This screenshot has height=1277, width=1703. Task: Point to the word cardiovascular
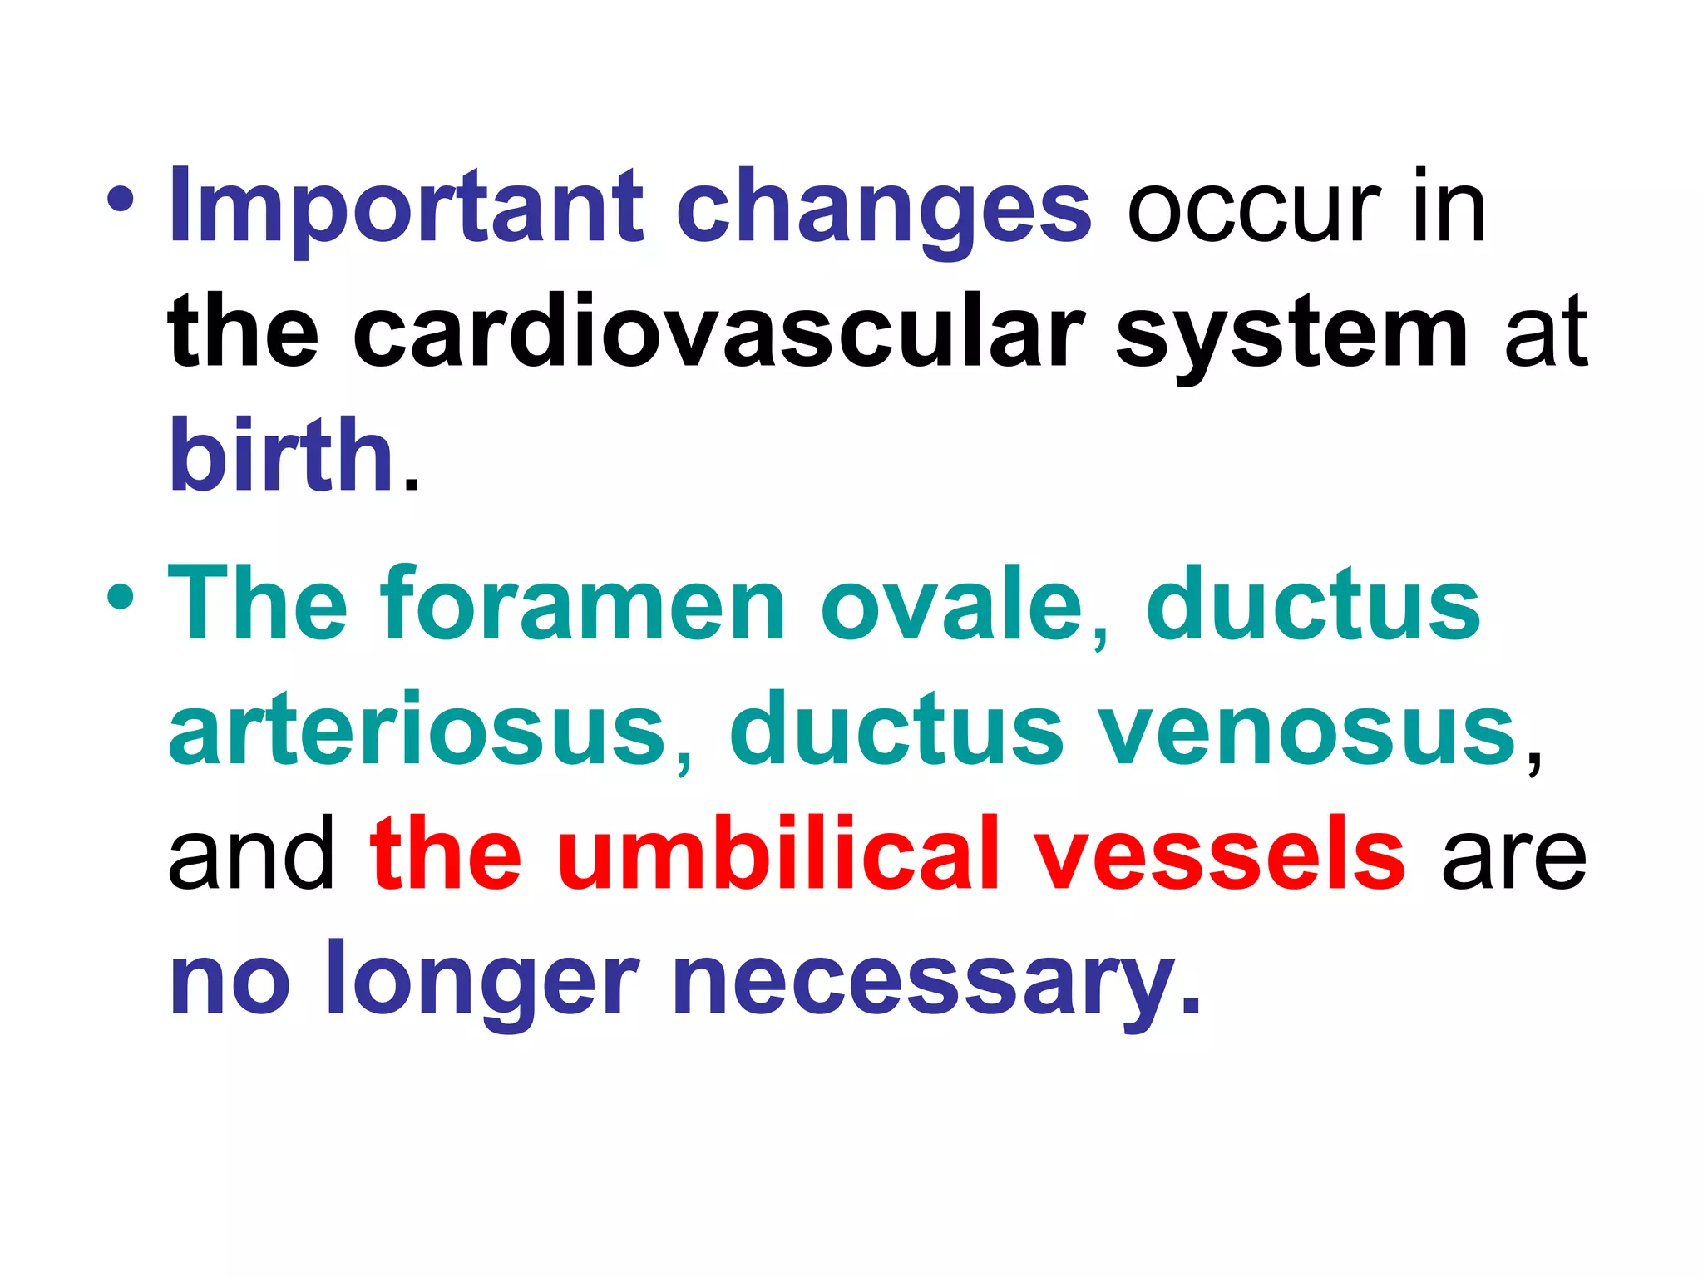[x=718, y=333]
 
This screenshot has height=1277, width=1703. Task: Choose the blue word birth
[x=281, y=455]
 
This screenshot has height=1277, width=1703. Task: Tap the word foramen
[x=582, y=604]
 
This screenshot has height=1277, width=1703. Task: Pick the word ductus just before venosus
[x=896, y=730]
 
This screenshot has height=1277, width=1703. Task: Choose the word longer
[x=483, y=981]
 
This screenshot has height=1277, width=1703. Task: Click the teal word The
[x=259, y=604]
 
